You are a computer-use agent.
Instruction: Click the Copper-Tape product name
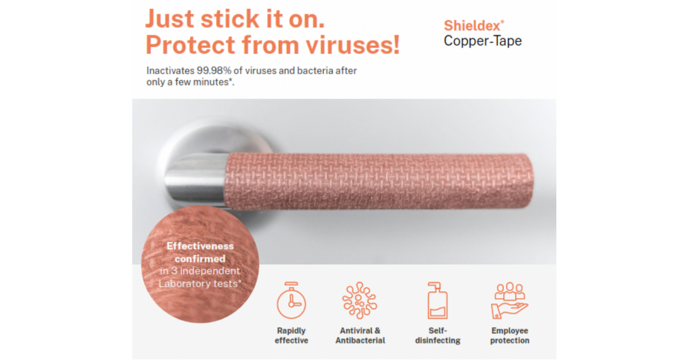tap(482, 41)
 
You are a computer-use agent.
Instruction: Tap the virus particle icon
tap(360, 300)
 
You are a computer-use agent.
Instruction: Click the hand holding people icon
tap(509, 300)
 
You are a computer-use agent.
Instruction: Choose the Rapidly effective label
tap(291, 335)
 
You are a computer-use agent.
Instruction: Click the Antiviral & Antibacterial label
tap(360, 335)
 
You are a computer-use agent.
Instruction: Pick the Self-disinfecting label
tap(437, 335)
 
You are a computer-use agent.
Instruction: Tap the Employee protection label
tap(509, 335)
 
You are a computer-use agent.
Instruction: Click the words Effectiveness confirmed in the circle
tap(200, 252)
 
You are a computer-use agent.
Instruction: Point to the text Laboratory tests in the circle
tap(199, 283)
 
